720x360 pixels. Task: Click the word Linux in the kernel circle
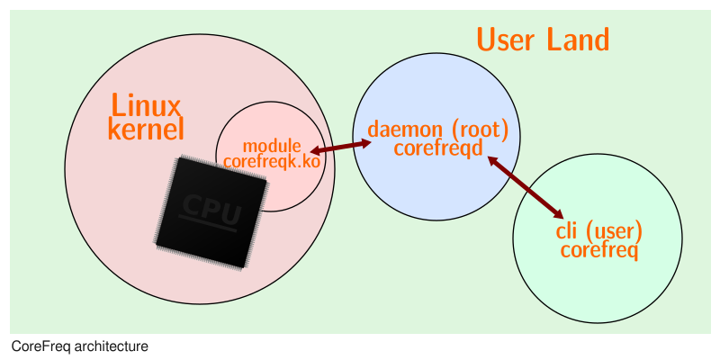click(146, 105)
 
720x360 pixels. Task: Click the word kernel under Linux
click(146, 130)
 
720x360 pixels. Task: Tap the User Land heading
click(543, 40)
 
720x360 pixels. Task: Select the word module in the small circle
click(272, 146)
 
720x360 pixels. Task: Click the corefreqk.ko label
click(272, 161)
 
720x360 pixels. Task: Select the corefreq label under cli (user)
click(599, 249)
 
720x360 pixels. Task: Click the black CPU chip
click(210, 211)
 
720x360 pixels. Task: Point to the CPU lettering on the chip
click(212, 209)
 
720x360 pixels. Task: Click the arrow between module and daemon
click(341, 147)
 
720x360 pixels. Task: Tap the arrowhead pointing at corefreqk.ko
click(316, 152)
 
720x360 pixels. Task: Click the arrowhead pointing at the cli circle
click(558, 212)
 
